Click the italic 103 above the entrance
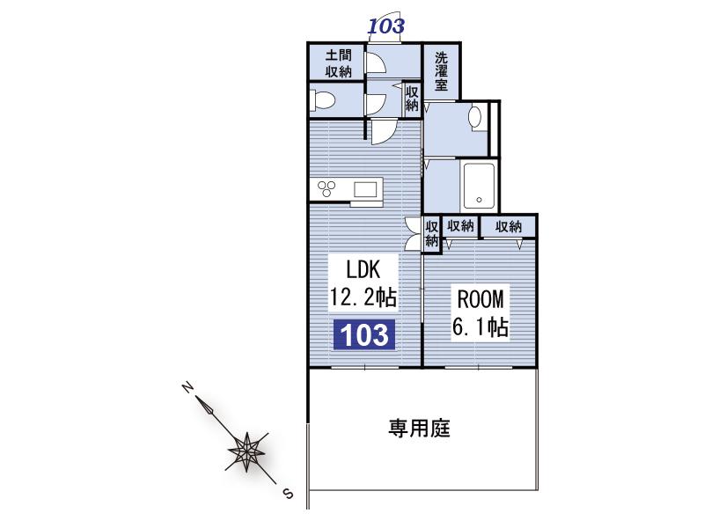point(386,26)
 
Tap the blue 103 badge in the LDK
point(364,335)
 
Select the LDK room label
point(363,269)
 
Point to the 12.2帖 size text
point(363,297)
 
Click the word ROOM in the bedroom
point(480,299)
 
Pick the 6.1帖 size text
point(480,326)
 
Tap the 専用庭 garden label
point(419,429)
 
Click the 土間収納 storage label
point(339,63)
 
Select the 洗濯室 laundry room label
point(441,71)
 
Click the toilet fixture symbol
point(322,99)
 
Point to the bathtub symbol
point(479,186)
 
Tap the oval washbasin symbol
point(475,117)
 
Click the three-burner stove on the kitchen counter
point(326,188)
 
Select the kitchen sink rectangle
point(365,189)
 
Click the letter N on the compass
point(187,387)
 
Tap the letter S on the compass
point(288,495)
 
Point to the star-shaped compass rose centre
point(246,451)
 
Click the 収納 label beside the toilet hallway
point(412,99)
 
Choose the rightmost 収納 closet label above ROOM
point(509,227)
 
